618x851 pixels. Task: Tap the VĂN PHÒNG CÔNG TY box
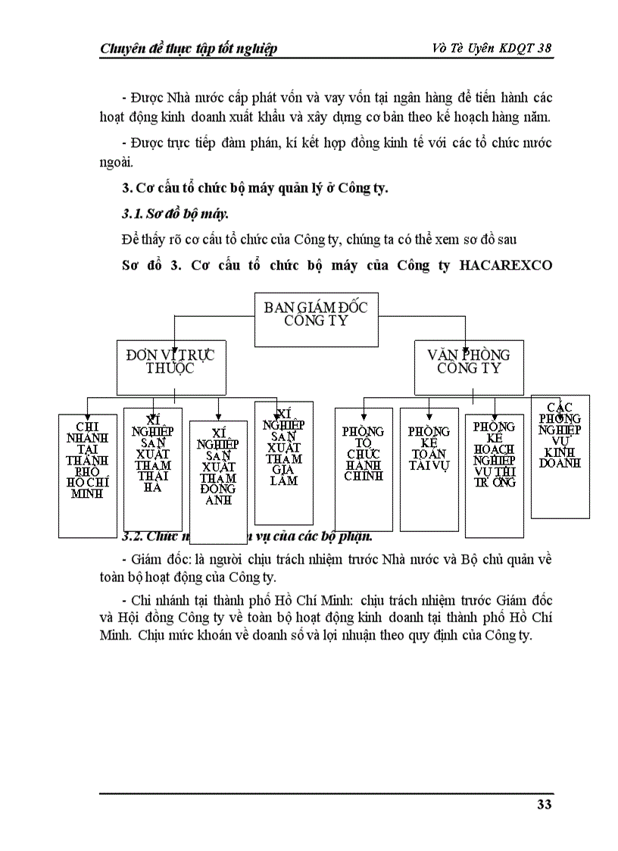click(469, 361)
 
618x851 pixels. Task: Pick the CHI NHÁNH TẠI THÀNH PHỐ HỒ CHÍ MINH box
click(88, 475)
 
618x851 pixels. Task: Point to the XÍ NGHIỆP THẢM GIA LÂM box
click(284, 462)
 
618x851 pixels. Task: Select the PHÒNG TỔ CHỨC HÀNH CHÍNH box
click(364, 468)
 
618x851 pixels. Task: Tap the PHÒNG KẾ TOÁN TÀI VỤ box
click(429, 468)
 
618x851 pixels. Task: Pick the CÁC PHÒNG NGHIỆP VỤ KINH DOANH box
click(560, 456)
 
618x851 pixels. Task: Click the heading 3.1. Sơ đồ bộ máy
click(164, 214)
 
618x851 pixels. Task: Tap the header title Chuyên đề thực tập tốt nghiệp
click(189, 48)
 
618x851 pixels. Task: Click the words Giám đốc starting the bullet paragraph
click(156, 559)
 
